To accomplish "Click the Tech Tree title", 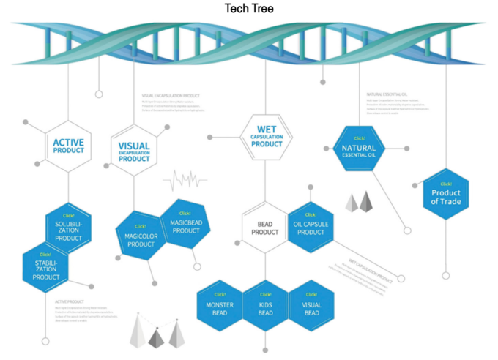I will tap(249, 8).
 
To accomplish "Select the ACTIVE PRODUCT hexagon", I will tap(68, 146).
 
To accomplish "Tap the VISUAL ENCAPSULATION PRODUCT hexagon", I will tap(134, 151).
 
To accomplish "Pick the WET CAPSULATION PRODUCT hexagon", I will tap(266, 136).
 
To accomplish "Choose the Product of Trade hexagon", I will tap(445, 195).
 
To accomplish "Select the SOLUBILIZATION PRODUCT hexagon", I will tap(68, 230).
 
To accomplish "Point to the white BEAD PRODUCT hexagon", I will tap(265, 228).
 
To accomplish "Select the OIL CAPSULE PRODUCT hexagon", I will tap(311, 228).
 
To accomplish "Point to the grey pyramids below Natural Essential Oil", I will tap(360, 201).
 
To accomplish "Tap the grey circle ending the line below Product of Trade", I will tap(445, 276).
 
